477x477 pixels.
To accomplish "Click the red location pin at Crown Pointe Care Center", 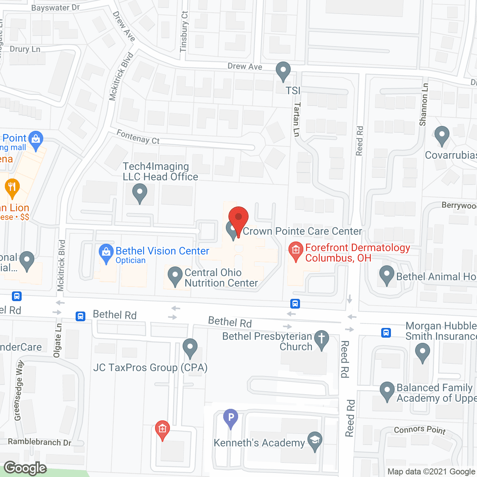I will [x=238, y=217].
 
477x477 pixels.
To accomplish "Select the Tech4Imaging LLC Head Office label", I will [x=160, y=172].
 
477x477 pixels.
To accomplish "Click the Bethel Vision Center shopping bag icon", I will [x=106, y=252].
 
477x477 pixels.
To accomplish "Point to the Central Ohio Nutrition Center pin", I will [x=175, y=276].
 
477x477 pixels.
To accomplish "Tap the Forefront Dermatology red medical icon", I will [x=296, y=250].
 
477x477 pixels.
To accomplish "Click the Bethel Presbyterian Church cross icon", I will [x=321, y=339].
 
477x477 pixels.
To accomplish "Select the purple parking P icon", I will [x=231, y=417].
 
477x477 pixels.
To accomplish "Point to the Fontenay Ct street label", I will [x=138, y=137].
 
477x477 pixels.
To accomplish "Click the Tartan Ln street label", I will [x=297, y=119].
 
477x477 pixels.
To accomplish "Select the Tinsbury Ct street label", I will [x=184, y=32].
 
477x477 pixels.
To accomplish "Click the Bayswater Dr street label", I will [x=56, y=8].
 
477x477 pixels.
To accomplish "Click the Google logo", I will [x=25, y=468].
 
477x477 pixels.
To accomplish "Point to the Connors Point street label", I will [x=420, y=430].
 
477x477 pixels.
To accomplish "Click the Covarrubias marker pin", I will [x=442, y=135].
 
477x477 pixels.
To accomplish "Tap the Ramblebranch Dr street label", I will [x=40, y=442].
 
